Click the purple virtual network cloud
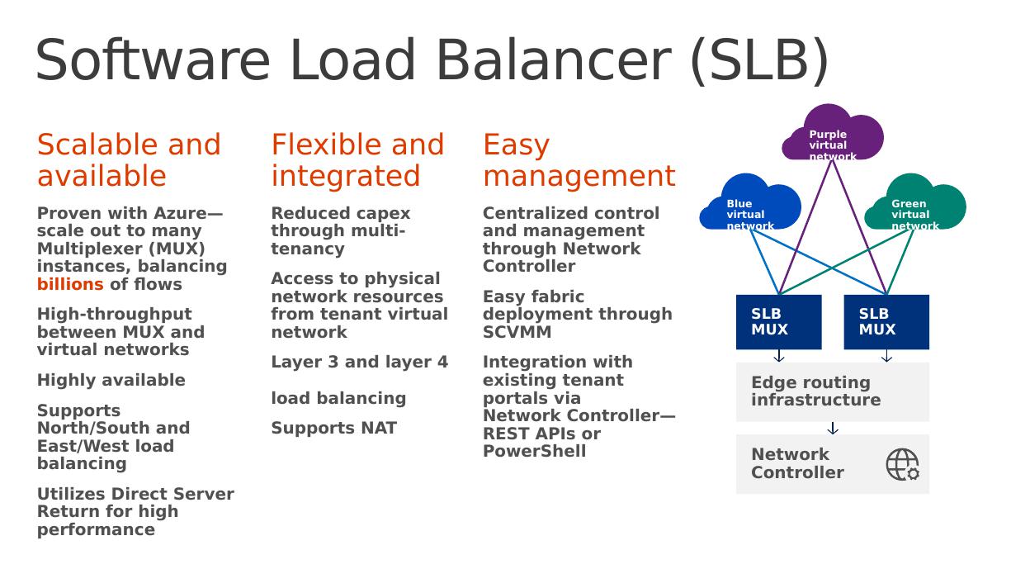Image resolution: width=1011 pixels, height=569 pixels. pos(833,133)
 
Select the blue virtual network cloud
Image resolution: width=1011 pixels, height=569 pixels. pos(750,202)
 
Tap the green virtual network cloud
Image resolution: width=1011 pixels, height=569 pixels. pos(915,202)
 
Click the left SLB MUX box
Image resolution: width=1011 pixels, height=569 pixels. pos(778,322)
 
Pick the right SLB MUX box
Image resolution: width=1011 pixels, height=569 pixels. pos(886,322)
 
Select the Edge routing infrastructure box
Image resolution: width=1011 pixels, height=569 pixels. pos(833,392)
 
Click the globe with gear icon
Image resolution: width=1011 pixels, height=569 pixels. pos(903,464)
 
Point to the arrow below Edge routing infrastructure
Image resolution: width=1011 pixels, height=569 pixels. pos(833,428)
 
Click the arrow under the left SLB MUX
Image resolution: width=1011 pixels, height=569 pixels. pos(778,356)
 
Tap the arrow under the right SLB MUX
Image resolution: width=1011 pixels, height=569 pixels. pos(886,356)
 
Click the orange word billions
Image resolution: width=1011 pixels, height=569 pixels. pos(70,284)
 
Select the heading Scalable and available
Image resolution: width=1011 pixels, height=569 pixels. pos(129,160)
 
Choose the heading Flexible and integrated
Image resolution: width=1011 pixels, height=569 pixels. pos(357,160)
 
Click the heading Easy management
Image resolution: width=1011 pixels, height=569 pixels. pos(579,160)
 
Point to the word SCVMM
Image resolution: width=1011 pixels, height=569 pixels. pos(517,332)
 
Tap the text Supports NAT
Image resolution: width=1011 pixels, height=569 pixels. pos(334,428)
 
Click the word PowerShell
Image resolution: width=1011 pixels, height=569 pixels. pos(535,451)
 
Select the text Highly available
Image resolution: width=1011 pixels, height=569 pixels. pos(111,380)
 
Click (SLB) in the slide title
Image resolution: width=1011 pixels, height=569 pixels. pos(759,60)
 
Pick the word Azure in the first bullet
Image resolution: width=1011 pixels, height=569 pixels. pos(180,213)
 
